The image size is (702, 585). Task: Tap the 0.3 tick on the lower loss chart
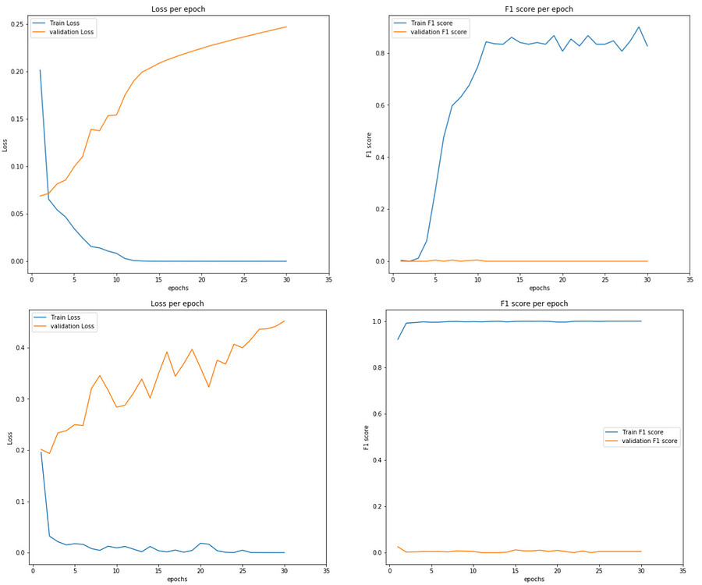tap(17, 399)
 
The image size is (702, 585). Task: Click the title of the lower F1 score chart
tap(539, 303)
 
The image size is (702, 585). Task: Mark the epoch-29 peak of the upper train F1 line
tap(639, 27)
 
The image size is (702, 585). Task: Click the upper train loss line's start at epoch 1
tap(40, 70)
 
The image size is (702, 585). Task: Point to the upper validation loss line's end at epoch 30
tap(286, 27)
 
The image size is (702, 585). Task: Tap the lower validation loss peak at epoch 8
tap(99, 375)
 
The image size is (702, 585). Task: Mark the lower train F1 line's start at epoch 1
tap(398, 339)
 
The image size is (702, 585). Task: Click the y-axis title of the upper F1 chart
tap(369, 144)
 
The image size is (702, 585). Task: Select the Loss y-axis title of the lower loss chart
tap(9, 438)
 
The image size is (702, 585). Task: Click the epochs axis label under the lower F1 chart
tap(534, 580)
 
